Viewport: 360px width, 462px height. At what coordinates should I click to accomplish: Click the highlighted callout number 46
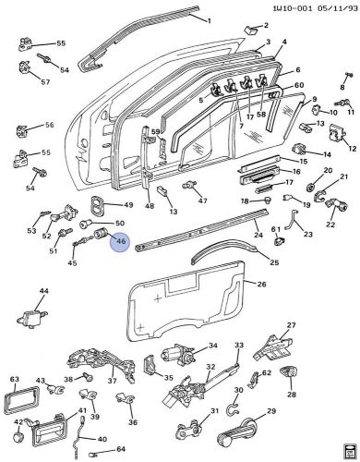click(x=119, y=242)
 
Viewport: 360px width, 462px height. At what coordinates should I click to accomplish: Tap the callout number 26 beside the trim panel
click(x=261, y=285)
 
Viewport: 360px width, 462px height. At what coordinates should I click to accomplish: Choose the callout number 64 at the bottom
click(x=120, y=450)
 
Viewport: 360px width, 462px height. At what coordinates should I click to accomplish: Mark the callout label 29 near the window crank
click(x=271, y=411)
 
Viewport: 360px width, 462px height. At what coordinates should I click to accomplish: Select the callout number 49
click(x=128, y=204)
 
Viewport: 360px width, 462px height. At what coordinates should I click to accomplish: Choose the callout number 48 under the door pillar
click(x=149, y=205)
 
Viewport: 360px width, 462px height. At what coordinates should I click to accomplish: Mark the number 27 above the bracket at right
click(x=291, y=325)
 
